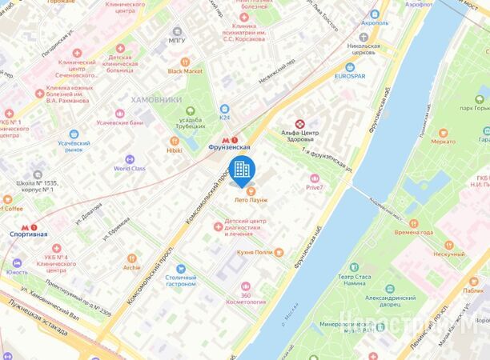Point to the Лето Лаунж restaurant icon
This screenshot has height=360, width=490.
(x=251, y=190)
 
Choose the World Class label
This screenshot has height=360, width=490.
(x=130, y=169)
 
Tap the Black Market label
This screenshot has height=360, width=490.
(x=185, y=70)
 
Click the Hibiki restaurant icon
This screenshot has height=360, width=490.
(x=175, y=138)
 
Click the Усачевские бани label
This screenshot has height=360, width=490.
(x=119, y=122)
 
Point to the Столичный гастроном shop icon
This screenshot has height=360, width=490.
(x=182, y=269)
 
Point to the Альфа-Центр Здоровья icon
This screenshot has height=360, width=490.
(x=300, y=124)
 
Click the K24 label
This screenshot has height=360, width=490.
(x=225, y=118)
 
